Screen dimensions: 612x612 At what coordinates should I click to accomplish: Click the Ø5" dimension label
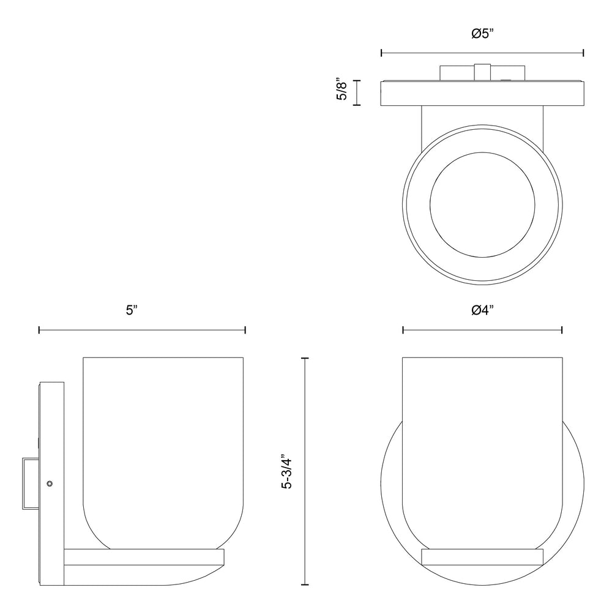tap(482, 34)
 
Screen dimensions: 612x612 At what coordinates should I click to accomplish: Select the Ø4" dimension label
tap(482, 310)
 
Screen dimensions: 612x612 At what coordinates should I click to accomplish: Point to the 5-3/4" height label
tap(287, 471)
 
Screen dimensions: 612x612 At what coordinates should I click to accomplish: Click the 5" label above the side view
tap(132, 310)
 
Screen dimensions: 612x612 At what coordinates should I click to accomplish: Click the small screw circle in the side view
tap(50, 483)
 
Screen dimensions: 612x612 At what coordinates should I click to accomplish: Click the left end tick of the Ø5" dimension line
tap(381, 53)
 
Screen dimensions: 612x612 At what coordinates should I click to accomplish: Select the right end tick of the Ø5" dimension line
tap(583, 53)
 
